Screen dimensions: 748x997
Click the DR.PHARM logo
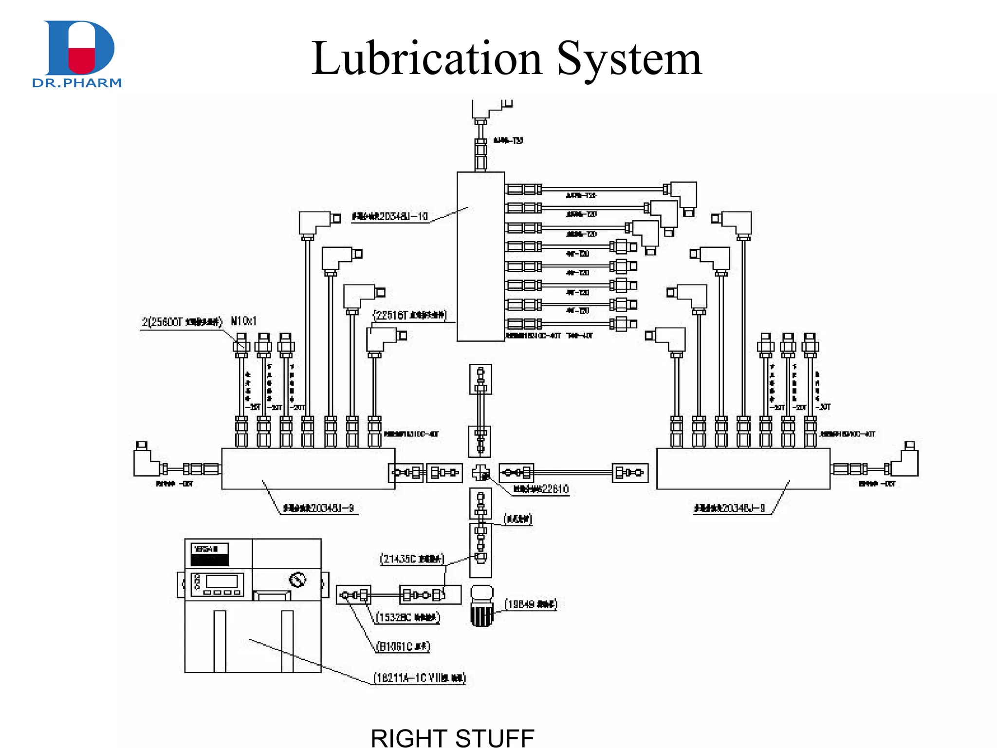[78, 54]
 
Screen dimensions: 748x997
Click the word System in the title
[629, 59]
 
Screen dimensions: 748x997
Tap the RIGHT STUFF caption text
[452, 737]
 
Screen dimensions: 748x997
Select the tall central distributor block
[480, 257]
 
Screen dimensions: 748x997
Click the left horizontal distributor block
[308, 468]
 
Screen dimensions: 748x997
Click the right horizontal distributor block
[743, 468]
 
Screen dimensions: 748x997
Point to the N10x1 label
[243, 321]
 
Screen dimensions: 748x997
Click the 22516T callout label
[410, 315]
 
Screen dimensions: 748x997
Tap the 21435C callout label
[412, 559]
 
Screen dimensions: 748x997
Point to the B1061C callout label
[404, 647]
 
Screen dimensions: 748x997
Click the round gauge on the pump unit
[297, 580]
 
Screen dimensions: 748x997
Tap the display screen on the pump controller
[222, 581]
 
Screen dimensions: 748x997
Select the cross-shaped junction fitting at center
[480, 472]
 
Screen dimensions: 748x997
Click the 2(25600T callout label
[182, 322]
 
